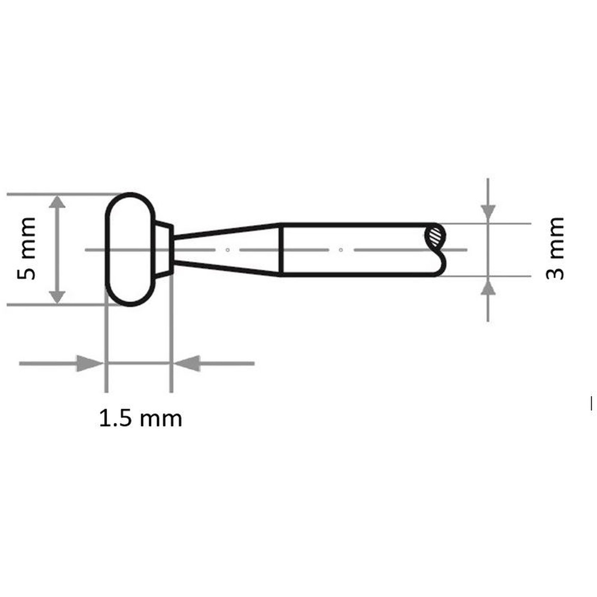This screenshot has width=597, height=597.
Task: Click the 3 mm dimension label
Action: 555,248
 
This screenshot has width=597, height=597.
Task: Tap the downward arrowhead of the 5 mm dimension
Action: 57,298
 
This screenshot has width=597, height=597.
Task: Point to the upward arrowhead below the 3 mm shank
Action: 488,286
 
